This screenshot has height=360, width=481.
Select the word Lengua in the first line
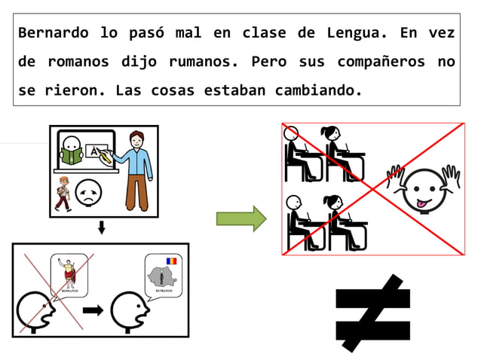(x=351, y=33)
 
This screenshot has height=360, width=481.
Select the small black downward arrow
(x=102, y=227)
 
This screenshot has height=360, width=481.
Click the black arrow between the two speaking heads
(x=93, y=310)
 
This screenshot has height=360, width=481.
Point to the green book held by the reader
(x=72, y=156)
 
